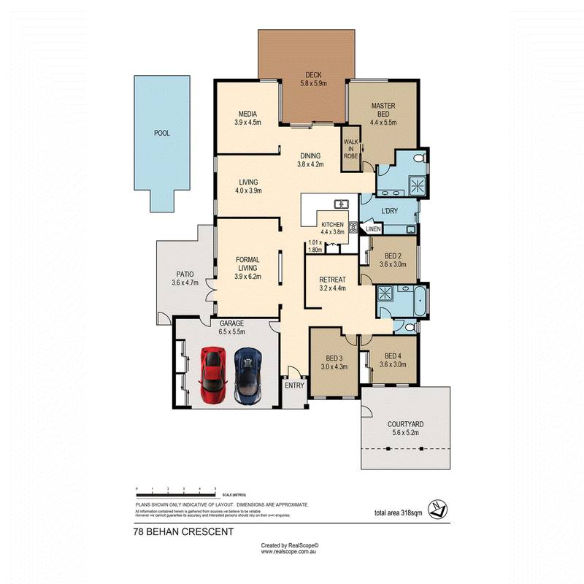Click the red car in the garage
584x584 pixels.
[212, 375]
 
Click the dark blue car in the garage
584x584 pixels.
[247, 375]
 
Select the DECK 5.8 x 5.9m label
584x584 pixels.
[313, 80]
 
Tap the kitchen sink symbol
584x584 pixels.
[341, 204]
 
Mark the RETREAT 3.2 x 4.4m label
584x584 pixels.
[331, 283]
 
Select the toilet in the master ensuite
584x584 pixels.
[418, 158]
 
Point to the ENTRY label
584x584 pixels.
[294, 385]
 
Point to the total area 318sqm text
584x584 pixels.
[398, 512]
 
